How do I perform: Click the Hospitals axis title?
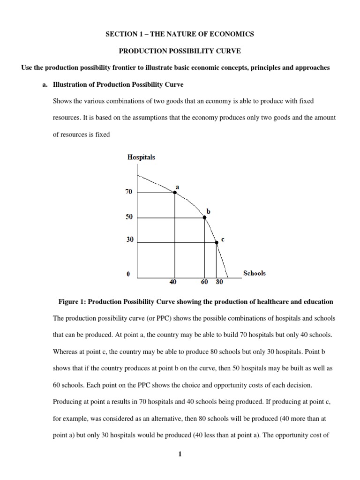pyautogui.click(x=141, y=157)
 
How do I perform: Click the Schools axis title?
pyautogui.click(x=254, y=273)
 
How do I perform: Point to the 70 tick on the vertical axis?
pyautogui.click(x=129, y=192)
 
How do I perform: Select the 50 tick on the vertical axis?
pyautogui.click(x=129, y=217)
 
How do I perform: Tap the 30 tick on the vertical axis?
pyautogui.click(x=129, y=240)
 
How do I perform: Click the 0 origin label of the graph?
pyautogui.click(x=128, y=275)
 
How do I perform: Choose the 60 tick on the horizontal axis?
pyautogui.click(x=204, y=283)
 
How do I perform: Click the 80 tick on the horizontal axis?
pyautogui.click(x=219, y=283)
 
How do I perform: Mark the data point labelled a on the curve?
pyautogui.click(x=175, y=192)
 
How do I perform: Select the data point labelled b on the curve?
pyautogui.click(x=204, y=217)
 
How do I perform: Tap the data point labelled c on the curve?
pyautogui.click(x=216, y=242)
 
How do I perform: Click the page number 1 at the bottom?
pyautogui.click(x=180, y=454)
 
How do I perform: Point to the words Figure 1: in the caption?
pyautogui.click(x=71, y=301)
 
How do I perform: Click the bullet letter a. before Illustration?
pyautogui.click(x=45, y=84)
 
